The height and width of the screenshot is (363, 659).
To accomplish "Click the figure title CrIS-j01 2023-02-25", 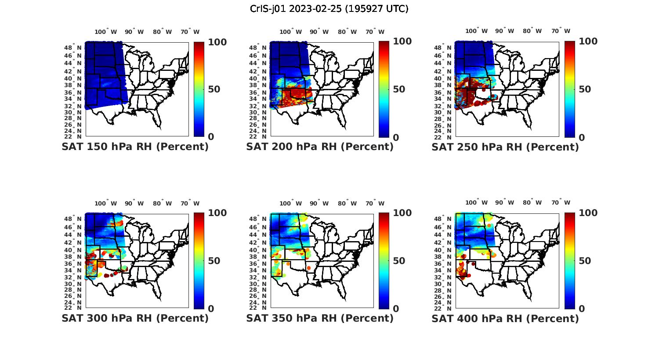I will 329,9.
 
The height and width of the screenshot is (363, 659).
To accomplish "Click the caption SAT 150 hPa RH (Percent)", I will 135,147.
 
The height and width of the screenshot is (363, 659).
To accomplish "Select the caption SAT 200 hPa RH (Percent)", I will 320,147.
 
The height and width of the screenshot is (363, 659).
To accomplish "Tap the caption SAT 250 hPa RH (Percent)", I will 505,147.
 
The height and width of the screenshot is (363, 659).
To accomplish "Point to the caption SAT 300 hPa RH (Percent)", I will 135,318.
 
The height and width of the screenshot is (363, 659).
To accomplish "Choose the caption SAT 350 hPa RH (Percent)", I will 320,318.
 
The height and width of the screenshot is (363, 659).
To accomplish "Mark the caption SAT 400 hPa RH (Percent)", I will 505,318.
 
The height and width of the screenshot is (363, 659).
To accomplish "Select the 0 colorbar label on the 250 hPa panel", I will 582,138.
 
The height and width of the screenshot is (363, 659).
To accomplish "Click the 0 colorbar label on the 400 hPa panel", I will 582,309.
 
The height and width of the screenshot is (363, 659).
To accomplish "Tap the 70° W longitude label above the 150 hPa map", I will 190,32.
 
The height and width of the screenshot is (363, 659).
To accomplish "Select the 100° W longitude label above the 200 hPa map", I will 290,32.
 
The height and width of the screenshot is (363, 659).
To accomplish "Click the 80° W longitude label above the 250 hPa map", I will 532,31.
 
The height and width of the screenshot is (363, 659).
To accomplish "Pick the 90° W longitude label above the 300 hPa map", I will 134,203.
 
